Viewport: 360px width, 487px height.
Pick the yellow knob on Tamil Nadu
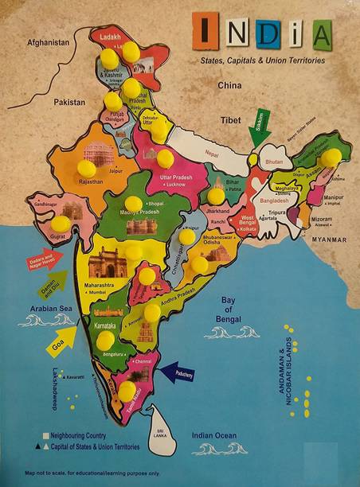coord(127,390)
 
